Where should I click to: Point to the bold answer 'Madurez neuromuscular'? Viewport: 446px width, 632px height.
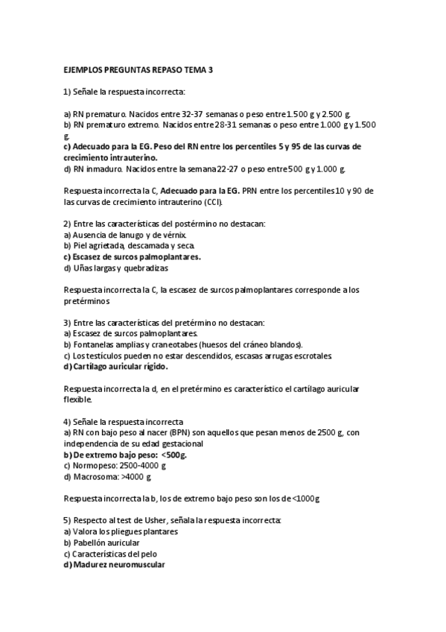(118, 564)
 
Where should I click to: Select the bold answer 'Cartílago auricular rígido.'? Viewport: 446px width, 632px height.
(119, 366)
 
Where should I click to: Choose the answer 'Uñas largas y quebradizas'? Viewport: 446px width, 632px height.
(120, 268)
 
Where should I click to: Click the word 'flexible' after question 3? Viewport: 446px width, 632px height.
(77, 399)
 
